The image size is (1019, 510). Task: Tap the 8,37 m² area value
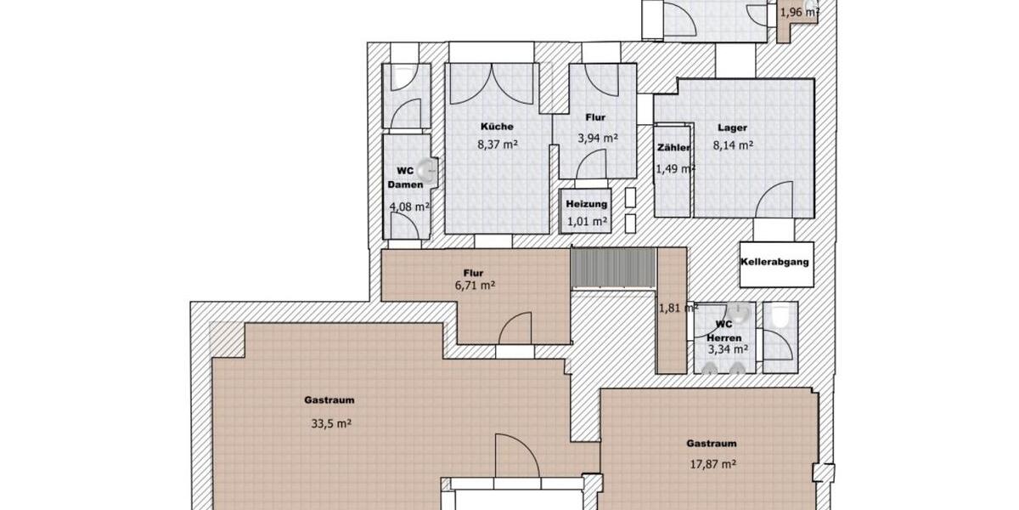(498, 144)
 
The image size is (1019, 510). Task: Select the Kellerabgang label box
(774, 262)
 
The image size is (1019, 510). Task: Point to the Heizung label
(587, 204)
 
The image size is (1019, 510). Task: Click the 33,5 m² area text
(331, 422)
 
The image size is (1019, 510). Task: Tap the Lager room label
(732, 127)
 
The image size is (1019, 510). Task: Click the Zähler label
(673, 148)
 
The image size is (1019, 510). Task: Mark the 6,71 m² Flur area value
(474, 286)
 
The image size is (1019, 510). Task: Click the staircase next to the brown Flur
(611, 269)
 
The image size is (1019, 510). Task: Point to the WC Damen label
(400, 177)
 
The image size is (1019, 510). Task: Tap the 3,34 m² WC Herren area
(728, 348)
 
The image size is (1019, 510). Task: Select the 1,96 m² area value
(798, 12)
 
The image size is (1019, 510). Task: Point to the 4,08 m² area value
(408, 207)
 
